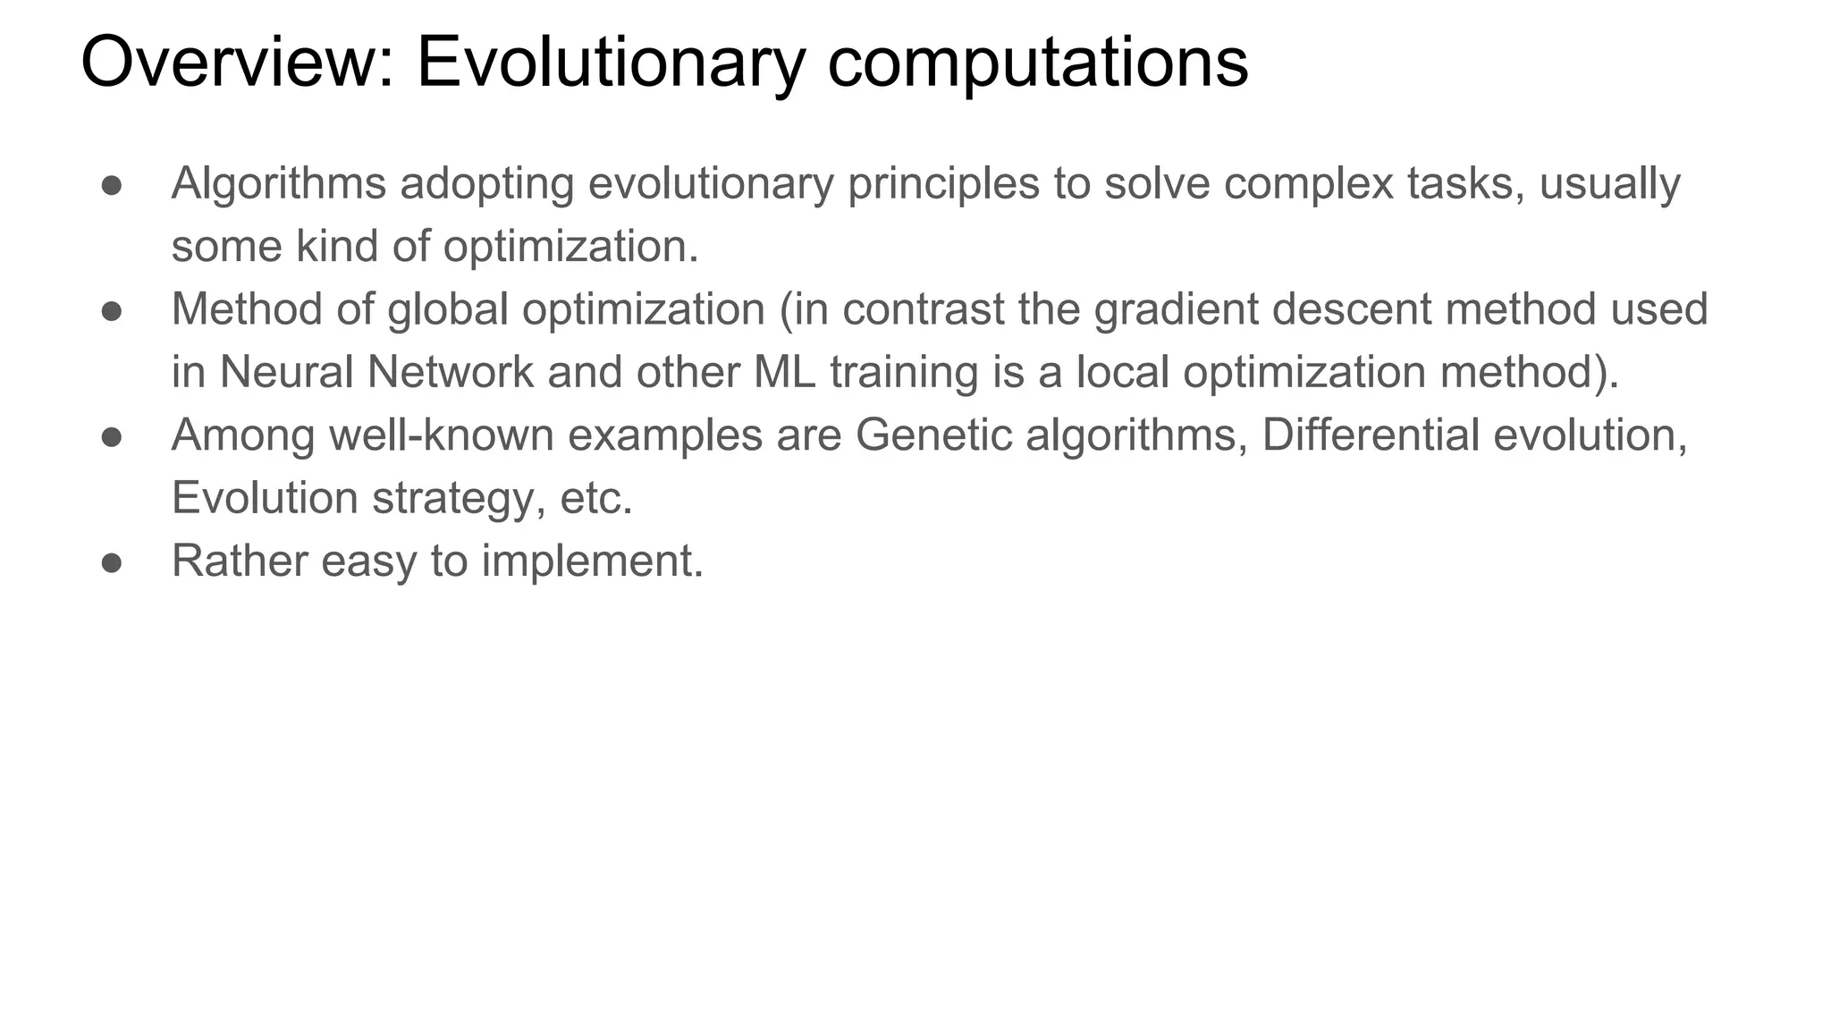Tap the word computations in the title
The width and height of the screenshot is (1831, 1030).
coord(1037,63)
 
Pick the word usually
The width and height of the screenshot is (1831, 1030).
coord(1609,183)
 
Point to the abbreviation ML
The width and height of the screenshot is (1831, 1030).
coord(784,372)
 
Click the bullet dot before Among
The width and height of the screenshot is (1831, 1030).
coord(112,436)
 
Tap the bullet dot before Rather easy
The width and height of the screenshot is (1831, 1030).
coord(112,562)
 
